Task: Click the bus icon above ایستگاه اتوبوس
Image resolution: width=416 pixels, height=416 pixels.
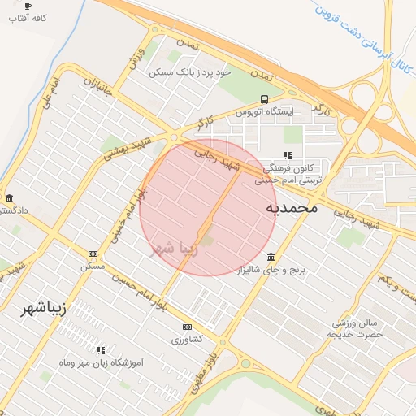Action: click(263, 99)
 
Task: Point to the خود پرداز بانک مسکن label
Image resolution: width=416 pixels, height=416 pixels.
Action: click(190, 71)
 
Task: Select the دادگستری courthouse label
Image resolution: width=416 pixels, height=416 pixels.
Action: click(13, 210)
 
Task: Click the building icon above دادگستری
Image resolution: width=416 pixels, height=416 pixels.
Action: click(9, 198)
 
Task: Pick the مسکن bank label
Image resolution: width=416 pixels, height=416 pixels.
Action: click(93, 266)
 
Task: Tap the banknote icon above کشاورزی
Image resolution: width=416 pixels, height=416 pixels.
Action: click(187, 327)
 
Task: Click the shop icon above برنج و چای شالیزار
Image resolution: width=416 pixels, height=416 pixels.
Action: click(271, 257)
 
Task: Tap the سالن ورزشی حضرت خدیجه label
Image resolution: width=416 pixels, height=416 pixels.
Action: click(355, 328)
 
